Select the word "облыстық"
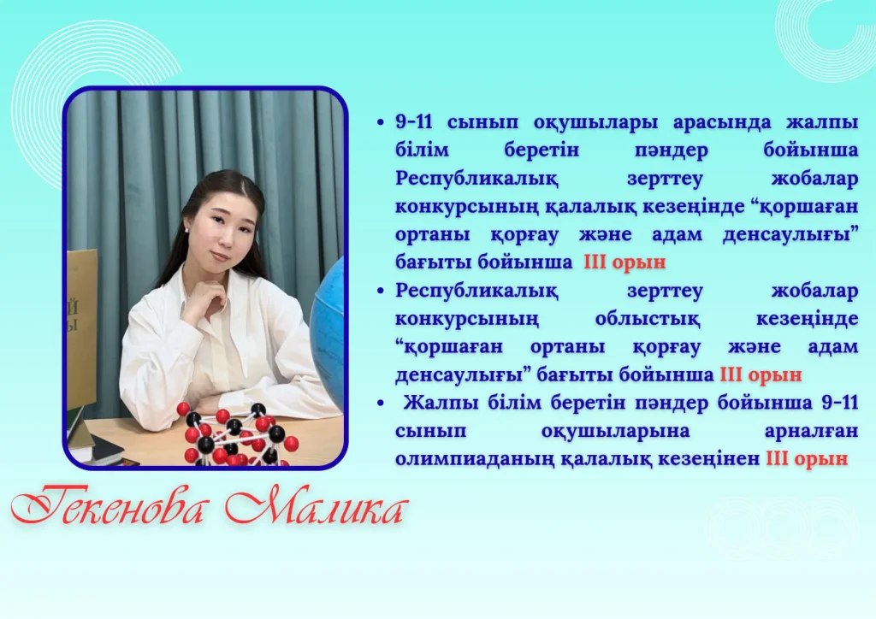coord(647,319)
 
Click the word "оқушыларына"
coord(615,432)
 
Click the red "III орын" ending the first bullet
coord(624,262)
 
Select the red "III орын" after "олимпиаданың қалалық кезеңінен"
coord(807,459)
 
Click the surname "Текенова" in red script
coord(107,507)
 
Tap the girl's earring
coord(185,228)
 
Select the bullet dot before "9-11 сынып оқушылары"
coord(381,122)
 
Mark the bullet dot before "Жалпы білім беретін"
coord(381,403)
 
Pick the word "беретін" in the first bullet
coord(542,150)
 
